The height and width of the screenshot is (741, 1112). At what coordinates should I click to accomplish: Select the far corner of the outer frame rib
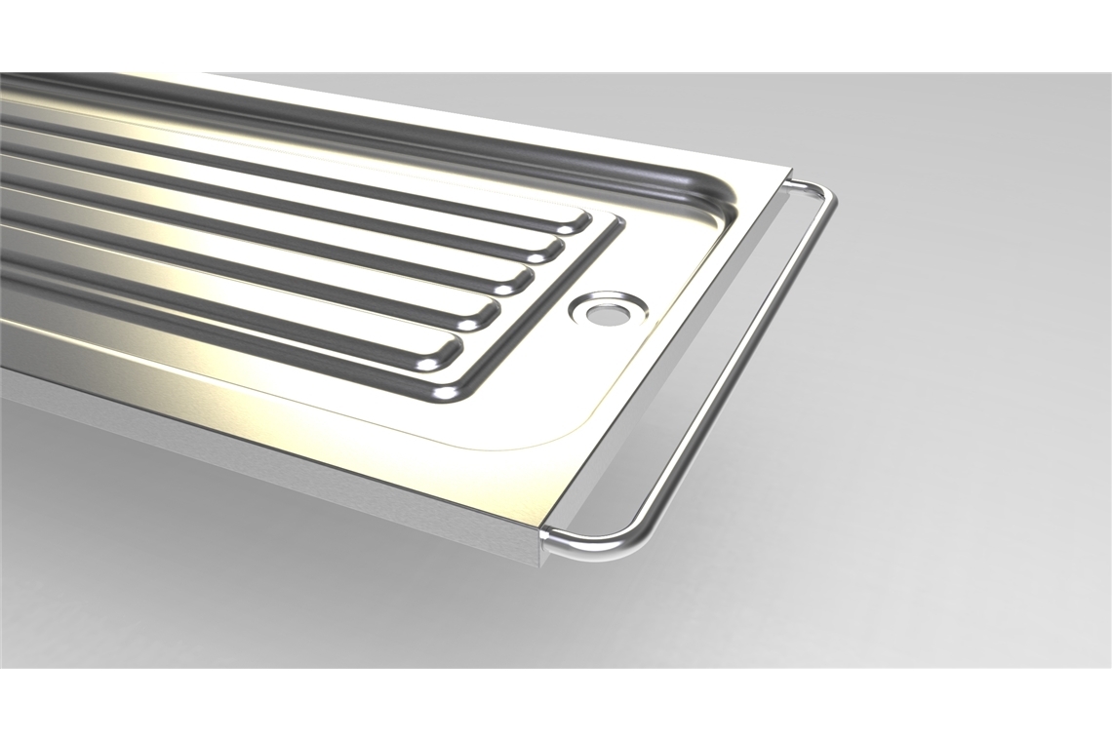click(x=615, y=224)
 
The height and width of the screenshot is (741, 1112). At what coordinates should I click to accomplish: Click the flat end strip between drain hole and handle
click(x=673, y=322)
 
